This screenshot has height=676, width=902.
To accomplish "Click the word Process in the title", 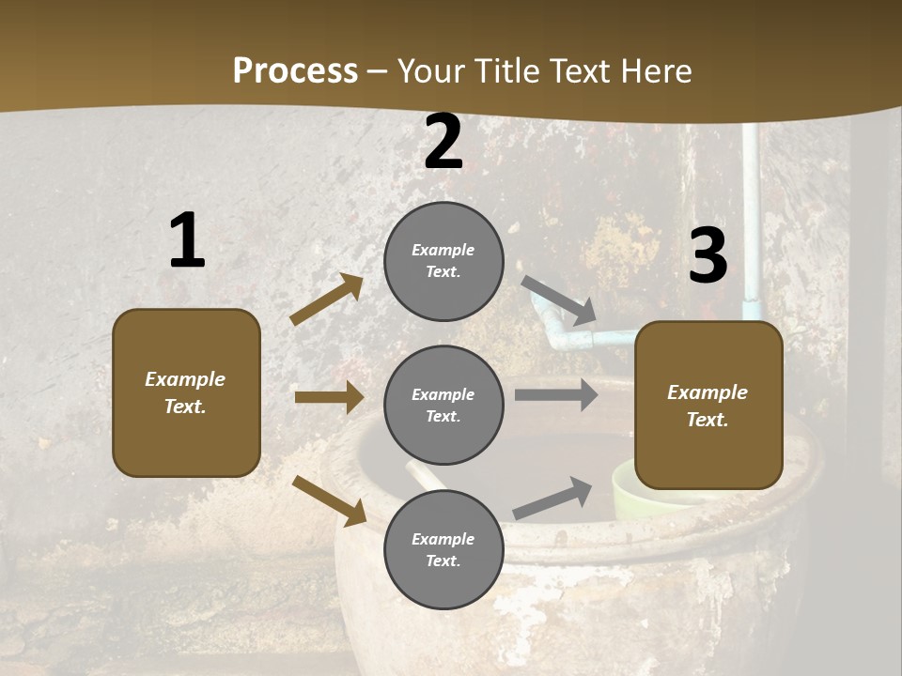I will coord(295,70).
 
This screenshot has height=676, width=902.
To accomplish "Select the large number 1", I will coord(186,241).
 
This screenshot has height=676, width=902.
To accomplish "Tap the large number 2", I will coord(443,142).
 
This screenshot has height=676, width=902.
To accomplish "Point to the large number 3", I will coord(708,254).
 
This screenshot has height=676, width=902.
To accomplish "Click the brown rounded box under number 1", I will coord(186,392).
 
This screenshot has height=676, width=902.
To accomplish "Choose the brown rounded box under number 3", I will coord(708,406).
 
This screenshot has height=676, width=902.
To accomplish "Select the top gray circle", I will coord(443,261).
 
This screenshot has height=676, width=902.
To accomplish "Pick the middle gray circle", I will coord(443,405).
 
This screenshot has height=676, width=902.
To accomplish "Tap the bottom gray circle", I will coord(443,549).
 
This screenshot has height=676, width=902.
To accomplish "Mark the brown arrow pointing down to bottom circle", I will coord(330,499).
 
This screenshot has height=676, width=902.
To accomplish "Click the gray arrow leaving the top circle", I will coord(558,300).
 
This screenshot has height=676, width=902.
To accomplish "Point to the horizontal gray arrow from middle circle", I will coord(555,394).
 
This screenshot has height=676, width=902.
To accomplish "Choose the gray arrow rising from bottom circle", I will coord(553,498).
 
